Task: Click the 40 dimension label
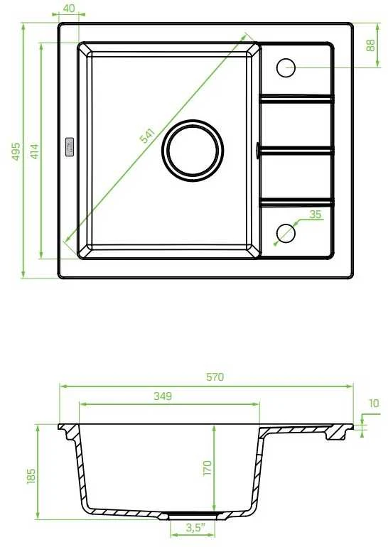click(x=70, y=8)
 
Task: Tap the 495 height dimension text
click(x=16, y=151)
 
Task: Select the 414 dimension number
click(x=34, y=151)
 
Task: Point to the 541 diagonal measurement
click(x=147, y=136)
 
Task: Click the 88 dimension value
click(x=370, y=45)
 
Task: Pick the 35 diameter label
click(x=315, y=215)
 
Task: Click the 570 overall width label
click(x=215, y=377)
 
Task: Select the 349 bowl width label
click(x=163, y=396)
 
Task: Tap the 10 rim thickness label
click(x=373, y=404)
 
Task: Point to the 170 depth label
click(x=208, y=468)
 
